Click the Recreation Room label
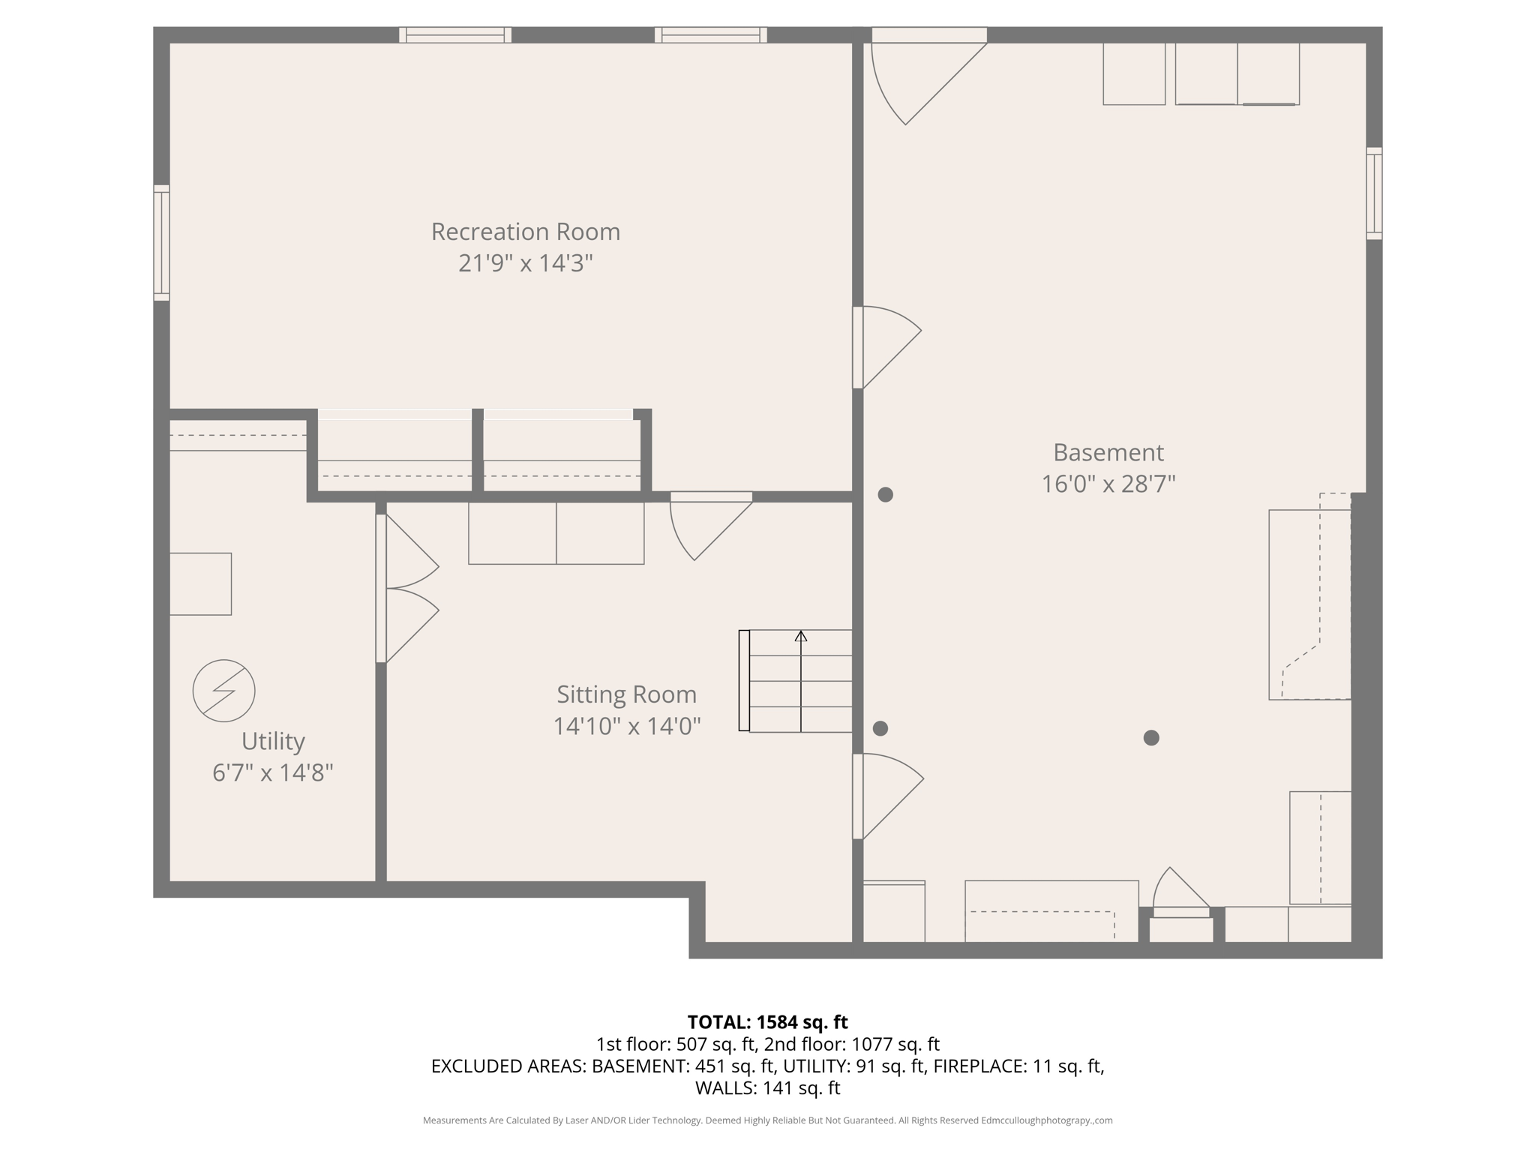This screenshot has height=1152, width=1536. pyautogui.click(x=525, y=232)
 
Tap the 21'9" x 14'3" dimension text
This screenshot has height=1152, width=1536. pyautogui.click(x=525, y=263)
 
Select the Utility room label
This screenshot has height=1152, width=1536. pyautogui.click(x=273, y=741)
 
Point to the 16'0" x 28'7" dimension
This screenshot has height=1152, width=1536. pyautogui.click(x=1108, y=484)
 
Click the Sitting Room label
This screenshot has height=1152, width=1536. pyautogui.click(x=626, y=694)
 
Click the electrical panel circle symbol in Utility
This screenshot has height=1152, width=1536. pyautogui.click(x=223, y=691)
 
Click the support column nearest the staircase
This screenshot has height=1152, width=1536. pyautogui.click(x=880, y=728)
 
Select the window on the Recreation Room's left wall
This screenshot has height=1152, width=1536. pyautogui.click(x=161, y=243)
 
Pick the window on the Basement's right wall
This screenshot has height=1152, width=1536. pyautogui.click(x=1374, y=193)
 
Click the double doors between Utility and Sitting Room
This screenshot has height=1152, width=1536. pyautogui.click(x=405, y=589)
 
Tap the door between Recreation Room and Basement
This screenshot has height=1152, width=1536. pyautogui.click(x=885, y=347)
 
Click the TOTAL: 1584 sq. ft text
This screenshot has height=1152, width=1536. pyautogui.click(x=767, y=1022)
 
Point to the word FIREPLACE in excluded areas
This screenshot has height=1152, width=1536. pyautogui.click(x=978, y=1066)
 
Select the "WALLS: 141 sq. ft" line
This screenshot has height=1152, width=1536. pyautogui.click(x=767, y=1087)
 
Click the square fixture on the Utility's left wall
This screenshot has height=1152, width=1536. pyautogui.click(x=200, y=584)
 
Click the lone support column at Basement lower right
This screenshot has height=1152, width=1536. pyautogui.click(x=1151, y=738)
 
